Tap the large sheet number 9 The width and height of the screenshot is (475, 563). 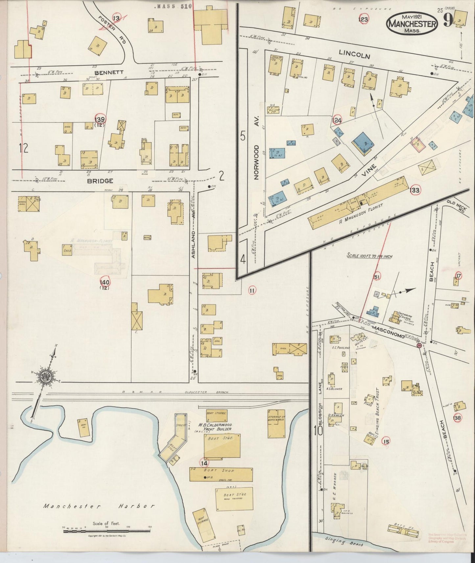pos(448,21)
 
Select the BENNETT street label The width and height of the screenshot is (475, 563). pos(104,72)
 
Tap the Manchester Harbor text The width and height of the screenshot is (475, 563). pos(99,506)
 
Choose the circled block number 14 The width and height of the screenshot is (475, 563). pos(204,463)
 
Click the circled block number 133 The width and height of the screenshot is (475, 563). pos(415,190)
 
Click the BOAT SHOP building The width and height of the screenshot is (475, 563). pos(221,474)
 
